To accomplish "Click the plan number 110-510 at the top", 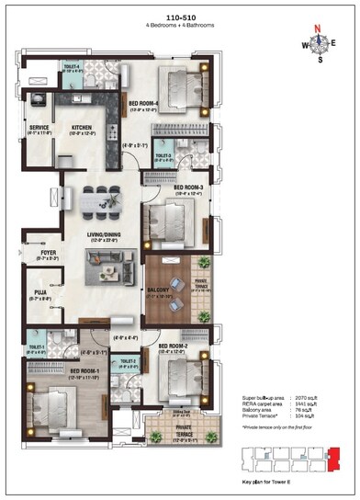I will [179, 17].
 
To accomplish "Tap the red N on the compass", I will [319, 28].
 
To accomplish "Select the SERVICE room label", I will [39, 128].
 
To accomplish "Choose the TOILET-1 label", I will [37, 347].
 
